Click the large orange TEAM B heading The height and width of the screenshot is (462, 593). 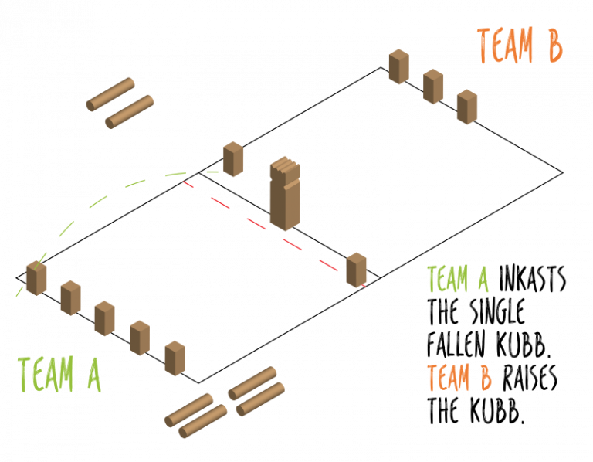(520, 46)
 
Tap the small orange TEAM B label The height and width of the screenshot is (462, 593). (459, 378)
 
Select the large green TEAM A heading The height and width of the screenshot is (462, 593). (59, 375)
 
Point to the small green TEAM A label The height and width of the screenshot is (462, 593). (457, 279)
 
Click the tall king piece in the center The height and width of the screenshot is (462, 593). (285, 197)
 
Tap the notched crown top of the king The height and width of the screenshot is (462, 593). (285, 165)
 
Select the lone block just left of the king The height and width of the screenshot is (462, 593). (232, 159)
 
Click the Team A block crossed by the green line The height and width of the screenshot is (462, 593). (36, 278)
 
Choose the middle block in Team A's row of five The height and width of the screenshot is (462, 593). (104, 318)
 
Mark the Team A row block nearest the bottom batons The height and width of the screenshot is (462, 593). (175, 358)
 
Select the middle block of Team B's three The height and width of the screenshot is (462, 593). (433, 87)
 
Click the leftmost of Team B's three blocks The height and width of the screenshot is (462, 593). (398, 66)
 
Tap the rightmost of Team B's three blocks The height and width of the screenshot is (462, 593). (467, 107)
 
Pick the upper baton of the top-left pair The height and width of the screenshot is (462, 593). (110, 93)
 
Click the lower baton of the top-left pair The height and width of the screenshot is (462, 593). (130, 111)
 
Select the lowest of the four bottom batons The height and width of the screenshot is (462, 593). (203, 421)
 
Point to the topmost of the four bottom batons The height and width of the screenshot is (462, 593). (252, 382)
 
